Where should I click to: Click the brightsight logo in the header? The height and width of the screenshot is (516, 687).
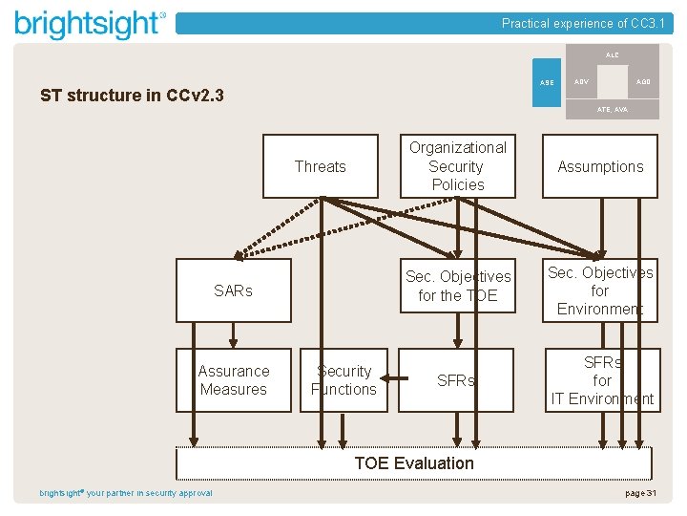pyautogui.click(x=91, y=23)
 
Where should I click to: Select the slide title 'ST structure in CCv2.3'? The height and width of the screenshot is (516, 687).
pyautogui.click(x=132, y=96)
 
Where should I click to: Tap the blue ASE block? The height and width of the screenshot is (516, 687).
pyautogui.click(x=547, y=83)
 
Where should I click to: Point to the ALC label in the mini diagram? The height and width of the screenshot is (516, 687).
pyautogui.click(x=612, y=55)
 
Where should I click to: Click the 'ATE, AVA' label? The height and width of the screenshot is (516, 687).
pyautogui.click(x=612, y=110)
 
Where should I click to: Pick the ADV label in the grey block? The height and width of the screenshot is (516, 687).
pyautogui.click(x=580, y=82)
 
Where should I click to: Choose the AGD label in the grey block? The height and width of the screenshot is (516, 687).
pyautogui.click(x=644, y=82)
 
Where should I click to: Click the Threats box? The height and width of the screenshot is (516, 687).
pyautogui.click(x=320, y=166)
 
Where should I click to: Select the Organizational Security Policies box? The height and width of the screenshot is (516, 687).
pyautogui.click(x=458, y=166)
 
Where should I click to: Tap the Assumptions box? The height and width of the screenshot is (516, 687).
pyautogui.click(x=600, y=166)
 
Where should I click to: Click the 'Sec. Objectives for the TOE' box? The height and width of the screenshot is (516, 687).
pyautogui.click(x=458, y=286)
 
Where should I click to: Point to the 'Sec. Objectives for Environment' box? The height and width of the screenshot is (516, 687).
pyautogui.click(x=600, y=290)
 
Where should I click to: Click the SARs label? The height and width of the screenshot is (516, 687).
pyautogui.click(x=233, y=290)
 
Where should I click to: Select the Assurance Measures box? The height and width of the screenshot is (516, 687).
pyautogui.click(x=234, y=380)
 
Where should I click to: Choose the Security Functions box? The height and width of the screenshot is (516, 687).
pyautogui.click(x=343, y=380)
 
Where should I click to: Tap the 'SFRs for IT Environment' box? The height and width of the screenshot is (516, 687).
pyautogui.click(x=601, y=380)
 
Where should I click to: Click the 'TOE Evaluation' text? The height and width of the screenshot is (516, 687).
pyautogui.click(x=414, y=463)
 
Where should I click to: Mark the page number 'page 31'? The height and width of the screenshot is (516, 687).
pyautogui.click(x=640, y=493)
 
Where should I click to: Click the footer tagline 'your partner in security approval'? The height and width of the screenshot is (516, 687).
pyautogui.click(x=150, y=493)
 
